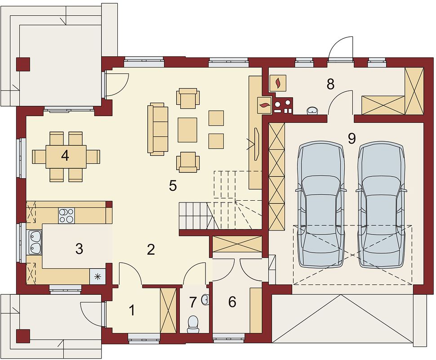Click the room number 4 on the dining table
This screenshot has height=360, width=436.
(65, 156)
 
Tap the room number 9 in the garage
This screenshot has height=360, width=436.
(352, 139)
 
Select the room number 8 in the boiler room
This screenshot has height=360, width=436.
(330, 84)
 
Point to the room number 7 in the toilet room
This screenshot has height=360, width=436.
(193, 302)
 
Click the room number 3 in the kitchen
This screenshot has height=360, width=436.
(79, 249)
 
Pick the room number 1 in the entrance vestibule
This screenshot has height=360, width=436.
(132, 310)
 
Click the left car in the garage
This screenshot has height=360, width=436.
(321, 205)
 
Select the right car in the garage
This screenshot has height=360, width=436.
(381, 205)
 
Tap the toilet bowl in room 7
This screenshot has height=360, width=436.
(193, 324)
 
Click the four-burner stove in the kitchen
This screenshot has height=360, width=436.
(67, 216)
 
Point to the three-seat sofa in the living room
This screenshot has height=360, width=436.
(158, 129)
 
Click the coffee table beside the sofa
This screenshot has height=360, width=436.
(188, 130)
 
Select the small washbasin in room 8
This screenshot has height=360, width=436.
(313, 111)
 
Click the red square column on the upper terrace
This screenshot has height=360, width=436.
(23, 65)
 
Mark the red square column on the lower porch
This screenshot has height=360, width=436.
(23, 336)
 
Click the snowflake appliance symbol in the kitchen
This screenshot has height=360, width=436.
(98, 276)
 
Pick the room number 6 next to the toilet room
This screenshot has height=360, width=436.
(232, 302)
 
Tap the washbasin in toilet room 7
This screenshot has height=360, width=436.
(205, 300)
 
